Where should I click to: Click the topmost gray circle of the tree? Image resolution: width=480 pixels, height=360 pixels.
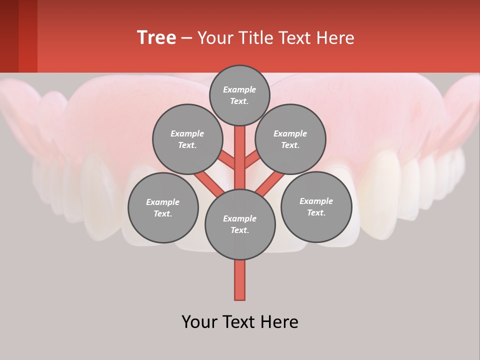click(239, 95)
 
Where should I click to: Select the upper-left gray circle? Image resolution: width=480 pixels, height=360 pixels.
click(187, 139)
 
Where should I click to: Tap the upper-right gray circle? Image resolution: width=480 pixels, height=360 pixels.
click(290, 139)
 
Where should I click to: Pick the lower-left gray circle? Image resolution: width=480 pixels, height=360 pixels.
click(163, 207)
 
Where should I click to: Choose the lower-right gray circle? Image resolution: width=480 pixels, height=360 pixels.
click(316, 206)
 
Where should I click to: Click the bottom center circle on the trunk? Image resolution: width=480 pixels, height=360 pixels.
click(240, 224)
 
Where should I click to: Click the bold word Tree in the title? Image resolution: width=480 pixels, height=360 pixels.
click(156, 37)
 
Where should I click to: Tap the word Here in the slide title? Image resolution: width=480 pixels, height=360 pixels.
click(335, 37)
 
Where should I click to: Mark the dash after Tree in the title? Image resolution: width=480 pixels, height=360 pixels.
click(186, 38)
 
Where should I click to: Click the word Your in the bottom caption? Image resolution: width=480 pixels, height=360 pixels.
click(198, 322)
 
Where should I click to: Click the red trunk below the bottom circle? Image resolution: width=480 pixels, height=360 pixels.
click(239, 280)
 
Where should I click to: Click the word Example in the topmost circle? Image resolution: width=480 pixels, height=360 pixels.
click(239, 89)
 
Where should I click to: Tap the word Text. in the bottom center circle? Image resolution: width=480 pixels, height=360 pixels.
click(240, 230)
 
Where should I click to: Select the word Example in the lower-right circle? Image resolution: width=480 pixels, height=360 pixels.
click(316, 201)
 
